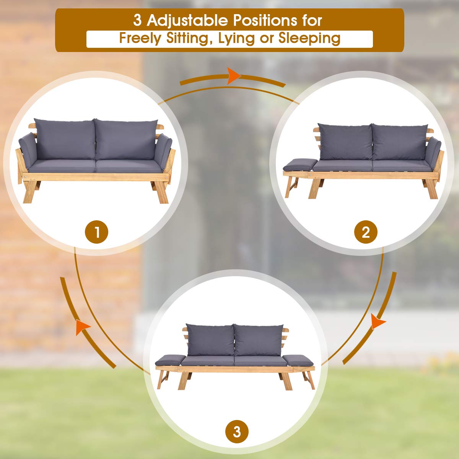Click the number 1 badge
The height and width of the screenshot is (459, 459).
[97, 232]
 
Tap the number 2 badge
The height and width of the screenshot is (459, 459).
[366, 232]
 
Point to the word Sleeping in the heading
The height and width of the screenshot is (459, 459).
[309, 38]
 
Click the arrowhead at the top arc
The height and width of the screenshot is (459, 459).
[234, 76]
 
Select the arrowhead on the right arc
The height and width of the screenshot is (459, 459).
[379, 322]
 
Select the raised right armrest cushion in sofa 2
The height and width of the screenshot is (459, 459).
[433, 152]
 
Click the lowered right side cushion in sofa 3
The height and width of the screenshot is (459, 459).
[298, 360]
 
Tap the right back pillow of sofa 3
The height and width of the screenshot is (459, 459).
[259, 340]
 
